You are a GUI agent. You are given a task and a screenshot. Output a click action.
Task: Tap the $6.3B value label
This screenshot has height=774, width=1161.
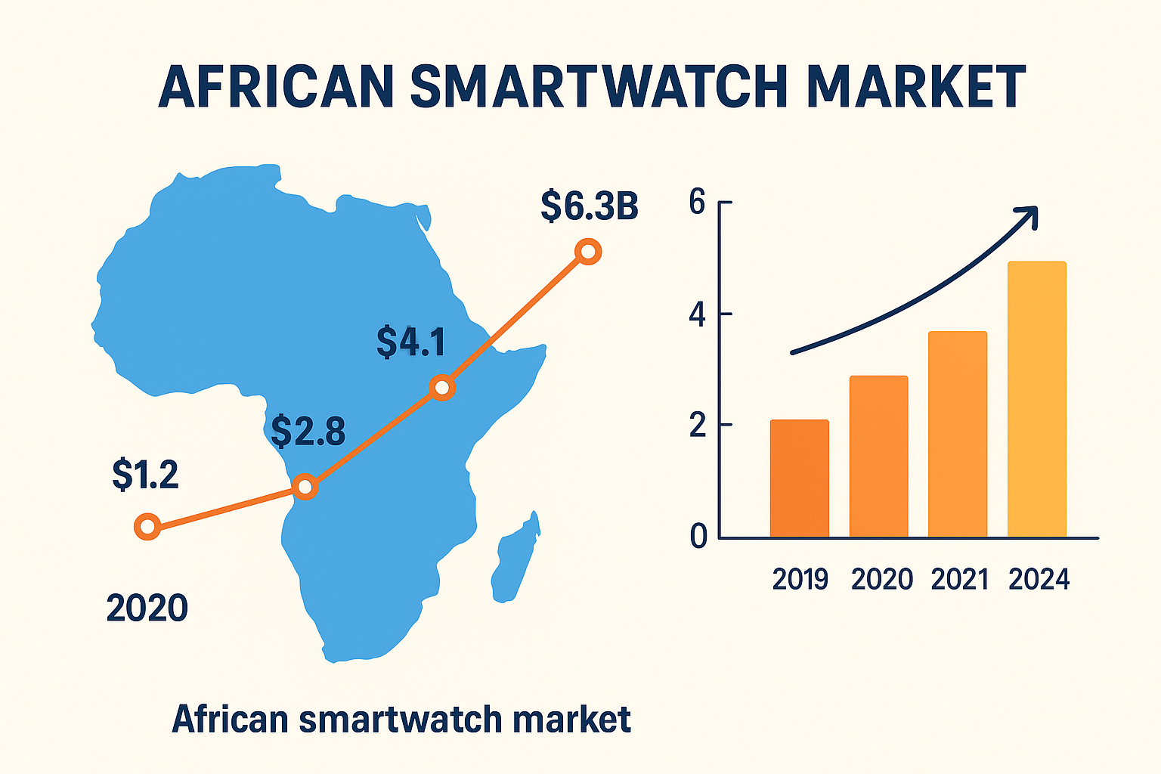tap(590, 207)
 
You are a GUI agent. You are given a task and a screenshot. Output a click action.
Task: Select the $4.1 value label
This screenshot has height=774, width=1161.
tap(411, 342)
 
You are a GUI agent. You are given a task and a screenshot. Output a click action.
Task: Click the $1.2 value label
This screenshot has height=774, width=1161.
tap(145, 475)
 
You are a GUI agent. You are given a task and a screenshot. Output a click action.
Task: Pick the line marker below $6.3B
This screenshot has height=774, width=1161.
tap(587, 252)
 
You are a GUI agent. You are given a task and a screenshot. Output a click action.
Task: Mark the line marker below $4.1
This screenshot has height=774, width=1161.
tap(442, 389)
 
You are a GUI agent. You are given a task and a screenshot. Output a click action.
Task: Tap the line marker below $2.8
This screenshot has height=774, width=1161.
tap(305, 487)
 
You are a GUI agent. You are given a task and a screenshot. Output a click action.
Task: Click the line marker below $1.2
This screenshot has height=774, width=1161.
tap(147, 526)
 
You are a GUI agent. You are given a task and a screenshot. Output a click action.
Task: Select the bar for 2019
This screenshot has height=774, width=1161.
tap(799, 478)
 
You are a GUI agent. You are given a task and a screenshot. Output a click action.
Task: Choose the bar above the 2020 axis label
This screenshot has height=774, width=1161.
tap(878, 457)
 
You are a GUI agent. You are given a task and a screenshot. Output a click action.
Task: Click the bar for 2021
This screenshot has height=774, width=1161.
tap(957, 435)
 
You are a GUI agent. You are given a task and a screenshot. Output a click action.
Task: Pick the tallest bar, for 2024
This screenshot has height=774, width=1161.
tap(1036, 399)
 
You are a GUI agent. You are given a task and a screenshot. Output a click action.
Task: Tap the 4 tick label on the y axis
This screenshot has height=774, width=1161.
tap(697, 314)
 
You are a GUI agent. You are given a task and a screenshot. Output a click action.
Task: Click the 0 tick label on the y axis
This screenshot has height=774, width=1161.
tap(698, 537)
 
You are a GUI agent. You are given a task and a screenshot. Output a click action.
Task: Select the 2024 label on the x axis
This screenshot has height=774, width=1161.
tap(1039, 580)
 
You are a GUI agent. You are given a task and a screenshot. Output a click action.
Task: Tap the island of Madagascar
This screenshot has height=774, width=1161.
tap(516, 559)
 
